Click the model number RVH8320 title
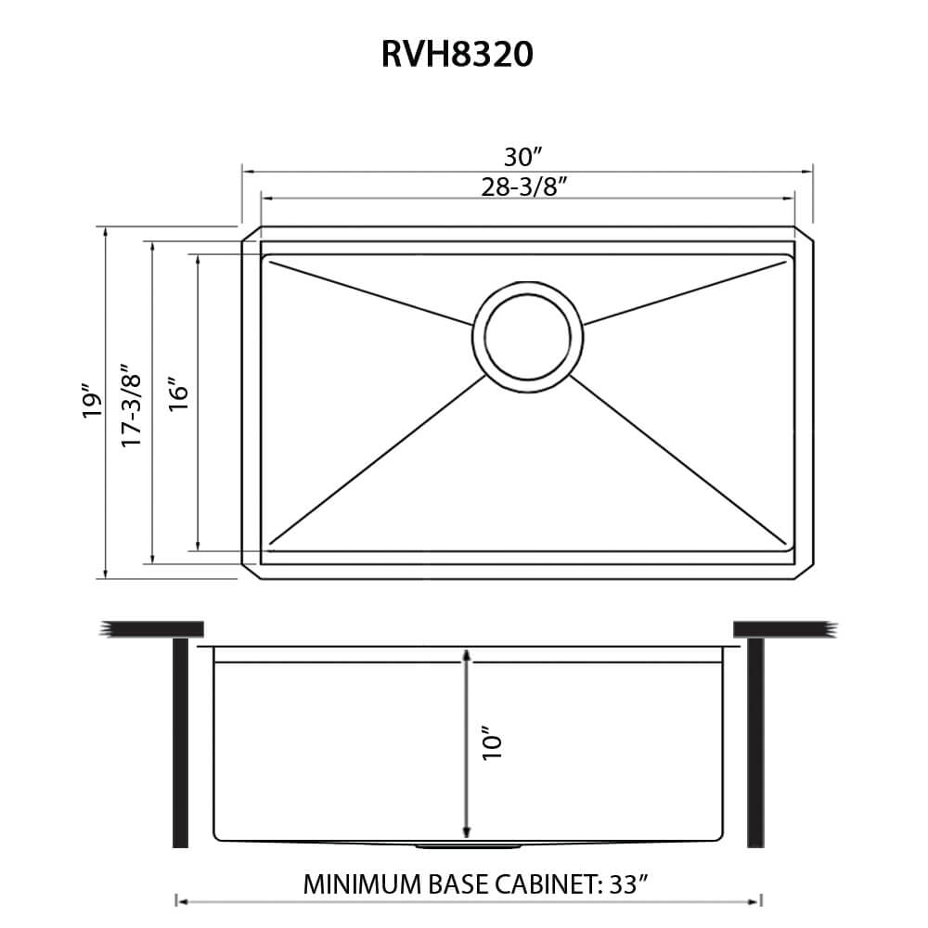[x=457, y=55]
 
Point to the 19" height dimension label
[x=90, y=401]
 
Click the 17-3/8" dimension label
[x=132, y=402]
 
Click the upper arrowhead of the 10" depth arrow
[x=467, y=657]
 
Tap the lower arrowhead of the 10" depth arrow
[x=467, y=829]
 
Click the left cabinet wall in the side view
[x=180, y=742]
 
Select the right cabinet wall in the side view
[x=755, y=742]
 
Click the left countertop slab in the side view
[x=152, y=629]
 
